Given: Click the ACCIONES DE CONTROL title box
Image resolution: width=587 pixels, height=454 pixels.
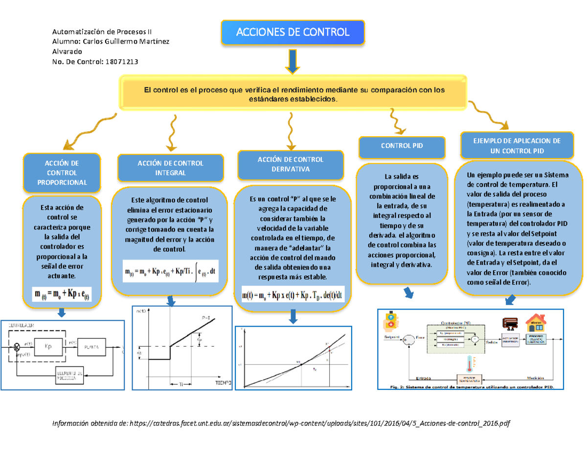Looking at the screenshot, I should [x=293, y=33].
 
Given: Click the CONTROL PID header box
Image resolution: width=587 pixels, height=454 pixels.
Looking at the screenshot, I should [x=402, y=146].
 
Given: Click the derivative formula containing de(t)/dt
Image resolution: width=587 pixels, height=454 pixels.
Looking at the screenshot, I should [x=293, y=296].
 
